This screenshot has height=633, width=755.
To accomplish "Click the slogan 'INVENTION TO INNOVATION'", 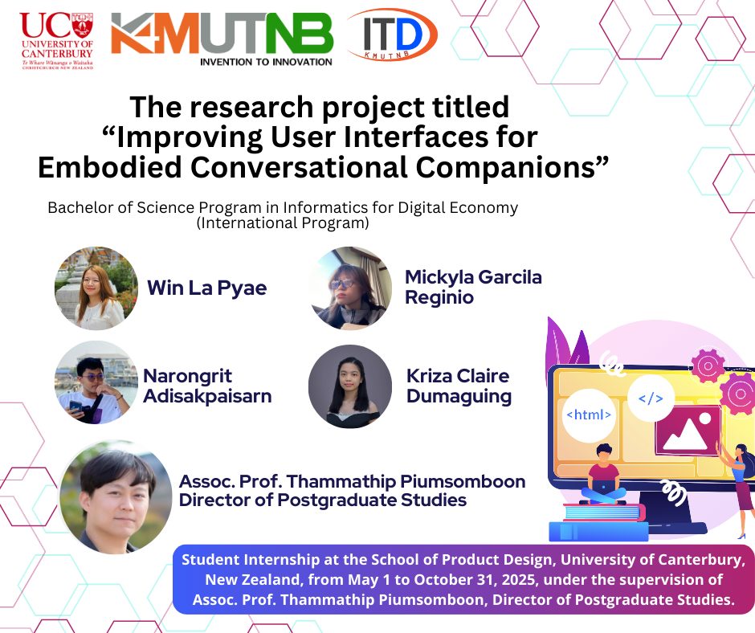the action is [266, 62].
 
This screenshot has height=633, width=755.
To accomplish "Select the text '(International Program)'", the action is [283, 223].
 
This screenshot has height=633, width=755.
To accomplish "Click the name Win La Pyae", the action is [207, 288].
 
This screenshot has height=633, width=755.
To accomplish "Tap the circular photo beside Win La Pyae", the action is [96, 288].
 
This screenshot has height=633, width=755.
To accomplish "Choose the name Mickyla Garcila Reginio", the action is [473, 287].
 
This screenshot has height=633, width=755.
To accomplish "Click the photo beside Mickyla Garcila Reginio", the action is [350, 288].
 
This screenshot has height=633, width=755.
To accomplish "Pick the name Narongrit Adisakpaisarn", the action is [207, 386].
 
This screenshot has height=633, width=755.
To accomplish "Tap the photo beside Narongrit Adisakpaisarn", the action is [96, 382].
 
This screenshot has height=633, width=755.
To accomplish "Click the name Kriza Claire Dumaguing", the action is [459, 386].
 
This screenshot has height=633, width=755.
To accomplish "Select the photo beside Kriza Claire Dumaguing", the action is [350, 386].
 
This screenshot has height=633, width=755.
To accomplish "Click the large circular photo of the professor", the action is [116, 496].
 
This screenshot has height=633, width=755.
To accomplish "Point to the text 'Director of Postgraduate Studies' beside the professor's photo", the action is [323, 500].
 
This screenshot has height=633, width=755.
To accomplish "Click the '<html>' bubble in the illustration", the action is [589, 415].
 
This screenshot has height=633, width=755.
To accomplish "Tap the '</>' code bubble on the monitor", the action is [651, 398].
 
